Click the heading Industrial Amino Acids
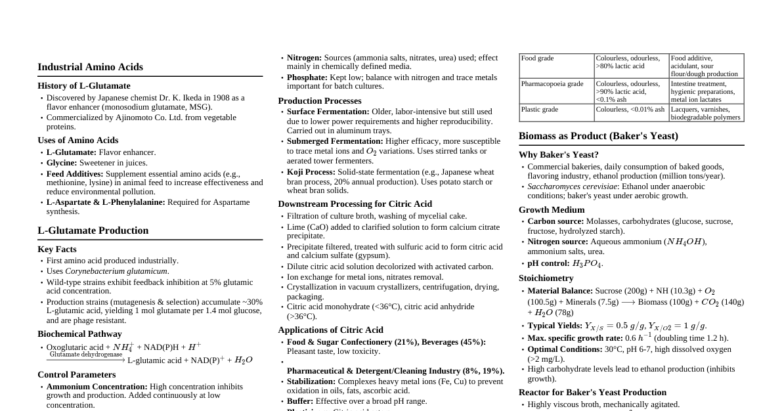tap(90, 67)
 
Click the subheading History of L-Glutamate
tap(84, 86)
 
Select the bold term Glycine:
tap(62, 163)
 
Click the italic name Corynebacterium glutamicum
tap(116, 271)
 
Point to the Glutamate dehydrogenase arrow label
tap(86, 355)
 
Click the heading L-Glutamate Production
tap(93, 230)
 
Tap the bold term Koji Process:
tap(311, 172)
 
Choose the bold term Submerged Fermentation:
tap(335, 141)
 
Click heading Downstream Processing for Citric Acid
tap(355, 204)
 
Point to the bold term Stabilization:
tap(311, 381)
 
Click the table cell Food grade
tap(537, 58)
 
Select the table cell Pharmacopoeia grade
tap(552, 84)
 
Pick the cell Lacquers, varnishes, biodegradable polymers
tap(705, 114)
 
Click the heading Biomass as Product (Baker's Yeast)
tap(598, 136)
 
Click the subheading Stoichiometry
tap(546, 278)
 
